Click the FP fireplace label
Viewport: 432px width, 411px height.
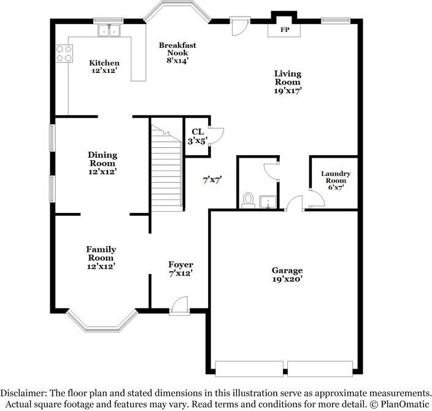[285, 29]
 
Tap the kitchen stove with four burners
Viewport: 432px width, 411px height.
[64, 53]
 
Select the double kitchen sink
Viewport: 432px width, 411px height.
[109, 31]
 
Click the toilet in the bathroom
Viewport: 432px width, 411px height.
[249, 200]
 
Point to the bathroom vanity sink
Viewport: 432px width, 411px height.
[268, 202]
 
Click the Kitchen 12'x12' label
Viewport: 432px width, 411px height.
[104, 67]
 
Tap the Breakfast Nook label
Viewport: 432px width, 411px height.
[178, 53]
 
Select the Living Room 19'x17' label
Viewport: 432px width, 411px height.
[288, 82]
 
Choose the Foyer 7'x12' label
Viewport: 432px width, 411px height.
[181, 269]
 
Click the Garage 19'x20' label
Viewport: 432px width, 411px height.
[287, 275]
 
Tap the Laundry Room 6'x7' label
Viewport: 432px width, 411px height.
[336, 180]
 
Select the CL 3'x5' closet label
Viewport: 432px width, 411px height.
[198, 137]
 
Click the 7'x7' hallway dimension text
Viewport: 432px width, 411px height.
[212, 180]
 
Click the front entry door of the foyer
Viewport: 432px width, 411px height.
[179, 305]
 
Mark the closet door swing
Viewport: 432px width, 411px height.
[216, 136]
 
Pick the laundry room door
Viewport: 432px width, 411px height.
[317, 198]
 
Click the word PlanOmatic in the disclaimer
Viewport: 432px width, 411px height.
[405, 404]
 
